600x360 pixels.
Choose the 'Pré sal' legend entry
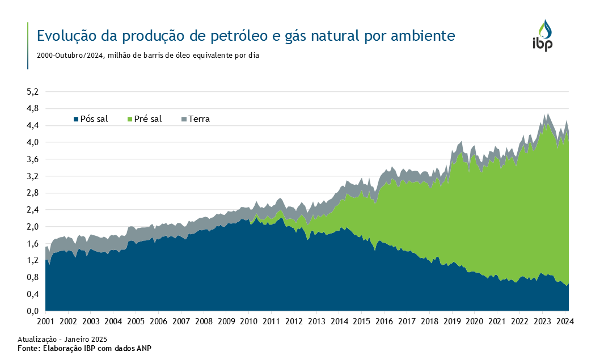(x=148, y=119)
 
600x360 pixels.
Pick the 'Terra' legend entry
(x=199, y=119)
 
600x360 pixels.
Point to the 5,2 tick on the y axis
(x=33, y=91)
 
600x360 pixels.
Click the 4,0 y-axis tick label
(x=33, y=142)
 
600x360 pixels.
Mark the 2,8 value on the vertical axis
(x=33, y=193)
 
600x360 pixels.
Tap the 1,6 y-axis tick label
(x=33, y=244)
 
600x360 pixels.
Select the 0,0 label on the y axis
(x=33, y=311)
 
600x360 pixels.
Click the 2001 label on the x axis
(x=45, y=321)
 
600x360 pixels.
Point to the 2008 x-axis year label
(x=204, y=321)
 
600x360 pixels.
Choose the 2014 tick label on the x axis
(x=339, y=321)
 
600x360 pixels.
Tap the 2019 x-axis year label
(x=452, y=321)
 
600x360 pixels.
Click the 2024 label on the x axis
(x=565, y=321)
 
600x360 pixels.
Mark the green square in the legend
(x=130, y=119)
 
